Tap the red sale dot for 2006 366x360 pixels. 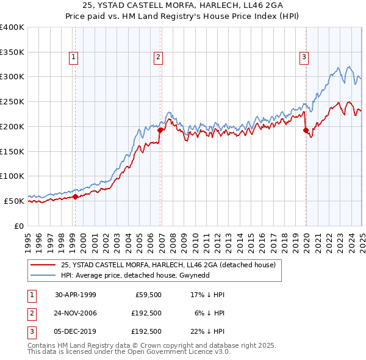pyautogui.click(x=160, y=130)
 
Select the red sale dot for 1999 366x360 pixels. pyautogui.click(x=75, y=196)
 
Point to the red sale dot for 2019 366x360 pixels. pyautogui.click(x=306, y=130)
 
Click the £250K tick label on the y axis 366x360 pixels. pyautogui.click(x=12, y=102)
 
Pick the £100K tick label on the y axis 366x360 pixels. pyautogui.click(x=12, y=176)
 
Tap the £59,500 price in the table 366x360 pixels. pyautogui.click(x=146, y=294)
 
